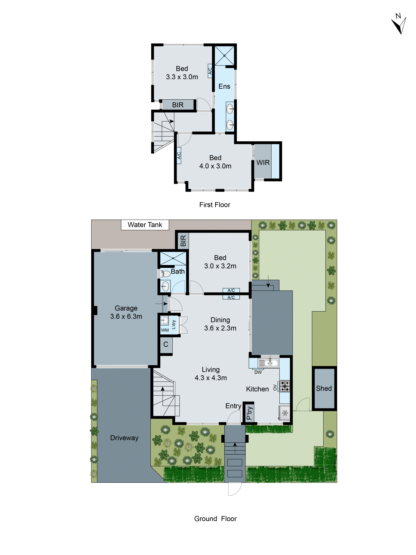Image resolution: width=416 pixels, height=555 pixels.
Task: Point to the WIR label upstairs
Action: pyautogui.click(x=263, y=163)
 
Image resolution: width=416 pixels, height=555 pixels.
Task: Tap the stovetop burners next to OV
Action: pyautogui.click(x=285, y=386)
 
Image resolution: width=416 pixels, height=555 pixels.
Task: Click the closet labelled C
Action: pyautogui.click(x=166, y=344)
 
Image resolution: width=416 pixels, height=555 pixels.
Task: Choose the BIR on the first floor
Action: pyautogui.click(x=178, y=105)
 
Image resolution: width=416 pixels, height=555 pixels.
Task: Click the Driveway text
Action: pyautogui.click(x=124, y=438)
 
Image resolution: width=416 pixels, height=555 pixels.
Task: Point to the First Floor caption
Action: pyautogui.click(x=214, y=205)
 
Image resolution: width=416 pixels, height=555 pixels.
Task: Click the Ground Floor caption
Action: pyautogui.click(x=215, y=519)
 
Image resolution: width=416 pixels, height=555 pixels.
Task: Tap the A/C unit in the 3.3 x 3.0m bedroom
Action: pyautogui.click(x=210, y=71)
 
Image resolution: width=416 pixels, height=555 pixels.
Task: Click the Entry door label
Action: pyautogui.click(x=233, y=406)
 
